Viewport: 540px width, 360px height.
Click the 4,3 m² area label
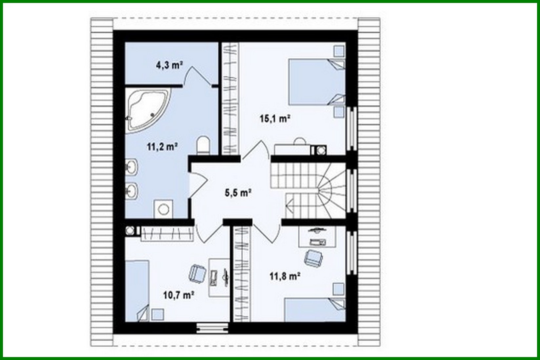[x=169, y=65]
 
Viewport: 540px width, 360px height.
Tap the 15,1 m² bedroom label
[x=275, y=118]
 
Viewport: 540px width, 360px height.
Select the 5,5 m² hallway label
[x=238, y=193]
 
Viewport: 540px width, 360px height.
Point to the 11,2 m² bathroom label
[x=162, y=146]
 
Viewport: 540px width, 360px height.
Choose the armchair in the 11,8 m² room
[x=313, y=257]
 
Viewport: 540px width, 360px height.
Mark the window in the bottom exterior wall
[x=212, y=328]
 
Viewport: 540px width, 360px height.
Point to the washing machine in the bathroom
[x=163, y=209]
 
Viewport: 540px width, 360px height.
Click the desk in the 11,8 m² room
[x=317, y=236]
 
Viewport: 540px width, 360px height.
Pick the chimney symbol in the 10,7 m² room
[x=130, y=230]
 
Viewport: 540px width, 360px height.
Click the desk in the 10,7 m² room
[x=219, y=277]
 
